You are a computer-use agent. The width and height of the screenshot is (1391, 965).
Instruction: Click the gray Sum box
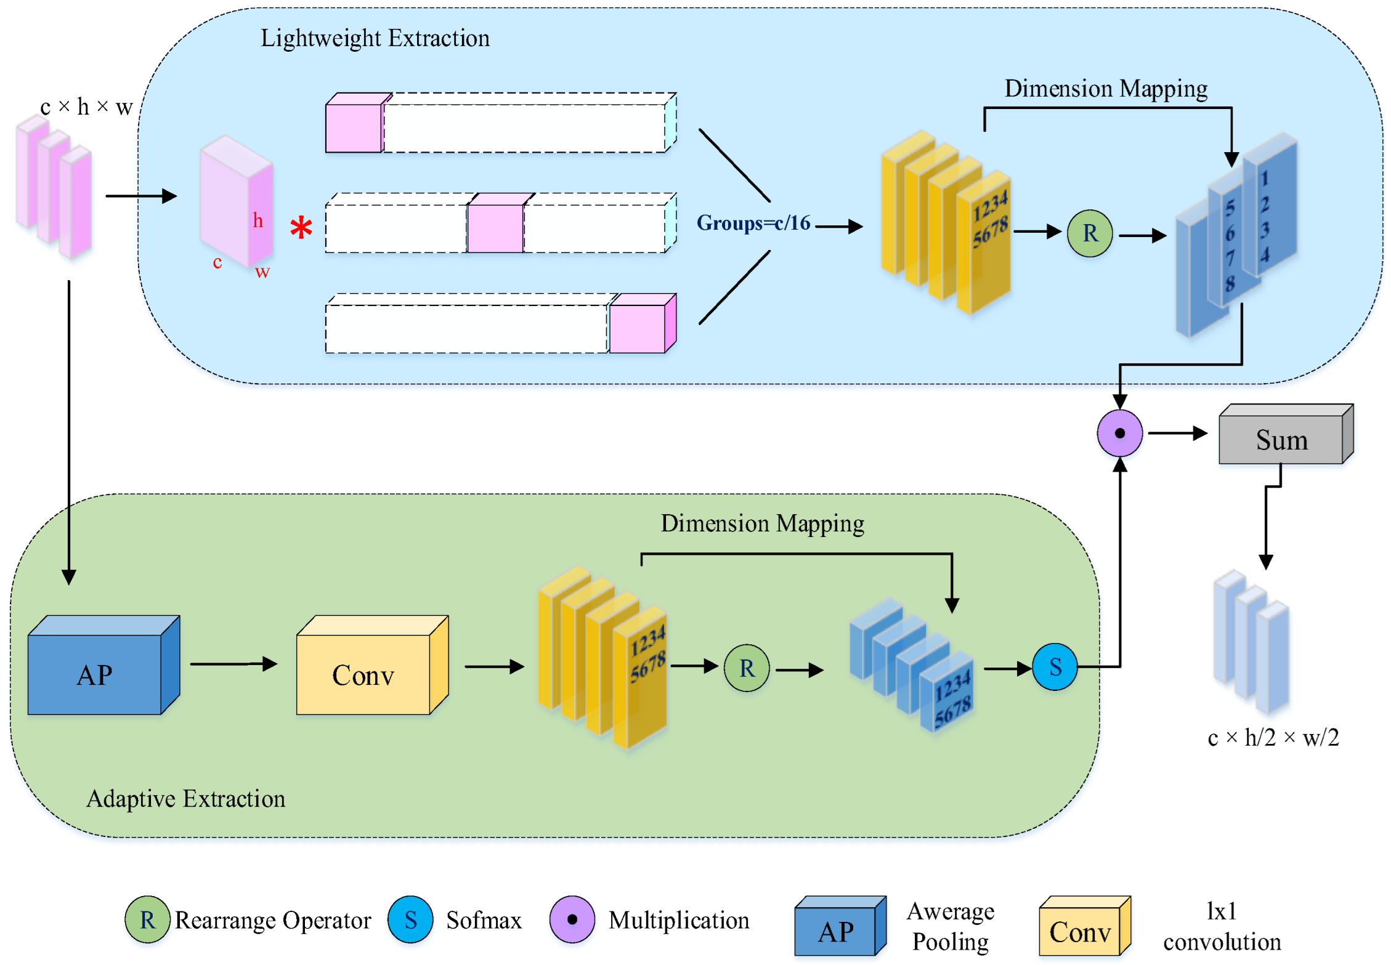click(x=1281, y=439)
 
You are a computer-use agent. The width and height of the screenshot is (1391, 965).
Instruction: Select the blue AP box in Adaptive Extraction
click(x=95, y=674)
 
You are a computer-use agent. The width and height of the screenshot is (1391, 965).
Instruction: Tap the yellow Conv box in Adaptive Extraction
click(x=363, y=674)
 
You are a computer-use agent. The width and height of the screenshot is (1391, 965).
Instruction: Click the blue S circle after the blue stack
click(x=1055, y=667)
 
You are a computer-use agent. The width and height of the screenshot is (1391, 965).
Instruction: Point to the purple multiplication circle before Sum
click(x=1119, y=434)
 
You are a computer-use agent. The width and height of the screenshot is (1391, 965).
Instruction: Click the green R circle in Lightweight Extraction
click(x=1089, y=233)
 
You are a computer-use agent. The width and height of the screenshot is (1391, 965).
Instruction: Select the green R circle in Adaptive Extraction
click(x=747, y=668)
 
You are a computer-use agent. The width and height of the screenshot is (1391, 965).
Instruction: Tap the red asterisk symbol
click(x=301, y=228)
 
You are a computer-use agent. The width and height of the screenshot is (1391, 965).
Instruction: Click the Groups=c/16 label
click(x=753, y=223)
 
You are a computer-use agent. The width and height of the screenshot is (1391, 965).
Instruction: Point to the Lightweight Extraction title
click(x=375, y=38)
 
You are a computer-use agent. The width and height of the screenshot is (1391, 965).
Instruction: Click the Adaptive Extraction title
click(x=185, y=799)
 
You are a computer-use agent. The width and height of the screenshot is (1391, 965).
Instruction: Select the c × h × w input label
click(x=86, y=107)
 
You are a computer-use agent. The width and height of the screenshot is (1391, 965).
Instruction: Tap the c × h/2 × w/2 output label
click(x=1273, y=737)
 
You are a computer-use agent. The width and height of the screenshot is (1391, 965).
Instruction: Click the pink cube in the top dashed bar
click(x=354, y=127)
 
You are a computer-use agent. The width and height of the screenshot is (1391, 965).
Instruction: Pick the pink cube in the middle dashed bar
click(x=495, y=228)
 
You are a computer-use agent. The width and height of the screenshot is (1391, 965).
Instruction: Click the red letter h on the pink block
click(x=258, y=220)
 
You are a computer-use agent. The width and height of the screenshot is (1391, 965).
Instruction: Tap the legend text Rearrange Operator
click(x=273, y=920)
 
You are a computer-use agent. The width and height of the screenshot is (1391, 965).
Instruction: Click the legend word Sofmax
click(x=484, y=920)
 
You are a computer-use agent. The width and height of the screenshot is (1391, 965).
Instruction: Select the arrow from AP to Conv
click(x=233, y=664)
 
